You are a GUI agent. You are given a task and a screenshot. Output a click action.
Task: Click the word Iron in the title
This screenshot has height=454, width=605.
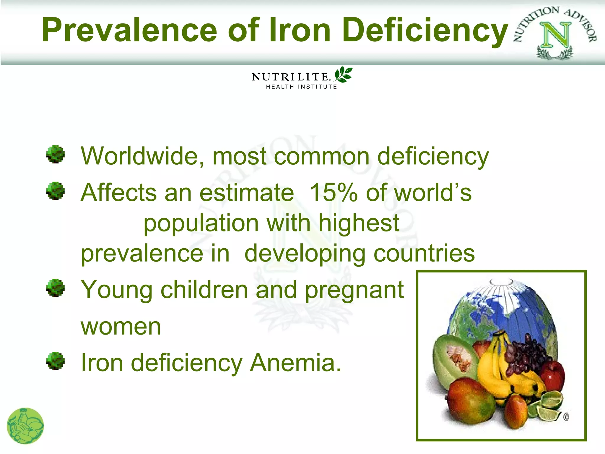[300, 30]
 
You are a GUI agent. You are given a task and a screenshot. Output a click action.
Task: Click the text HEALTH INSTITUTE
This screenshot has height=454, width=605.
[301, 87]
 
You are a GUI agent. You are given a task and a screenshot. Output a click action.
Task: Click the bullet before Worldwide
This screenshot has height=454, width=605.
[56, 154]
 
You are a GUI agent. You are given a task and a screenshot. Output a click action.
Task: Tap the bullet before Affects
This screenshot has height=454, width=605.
[56, 191]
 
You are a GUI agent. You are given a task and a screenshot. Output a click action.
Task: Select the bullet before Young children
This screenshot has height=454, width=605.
[56, 288]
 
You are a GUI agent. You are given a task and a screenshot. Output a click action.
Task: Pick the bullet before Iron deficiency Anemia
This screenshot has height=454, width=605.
[56, 361]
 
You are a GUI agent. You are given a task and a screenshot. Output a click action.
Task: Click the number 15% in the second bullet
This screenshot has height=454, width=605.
[333, 192]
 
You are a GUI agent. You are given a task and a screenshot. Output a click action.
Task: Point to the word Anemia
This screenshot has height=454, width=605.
[295, 363]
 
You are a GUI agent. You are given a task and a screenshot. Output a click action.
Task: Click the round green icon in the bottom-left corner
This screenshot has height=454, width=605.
[25, 426]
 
